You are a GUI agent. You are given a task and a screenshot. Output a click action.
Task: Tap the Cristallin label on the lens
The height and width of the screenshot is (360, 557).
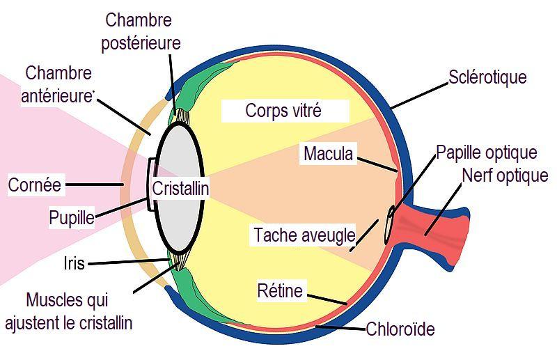pyautogui.click(x=180, y=187)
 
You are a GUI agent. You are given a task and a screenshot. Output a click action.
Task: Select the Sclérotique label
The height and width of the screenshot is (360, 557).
pyautogui.click(x=487, y=77)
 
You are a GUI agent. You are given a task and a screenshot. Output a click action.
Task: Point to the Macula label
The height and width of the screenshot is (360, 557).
pyautogui.click(x=328, y=153)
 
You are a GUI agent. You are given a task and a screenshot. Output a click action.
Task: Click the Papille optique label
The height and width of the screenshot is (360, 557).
pyautogui.click(x=486, y=152)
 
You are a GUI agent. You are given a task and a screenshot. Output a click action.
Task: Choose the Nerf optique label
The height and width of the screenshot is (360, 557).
pyautogui.click(x=505, y=175)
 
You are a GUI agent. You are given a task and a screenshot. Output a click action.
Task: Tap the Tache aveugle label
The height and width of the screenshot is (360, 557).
pyautogui.click(x=304, y=235)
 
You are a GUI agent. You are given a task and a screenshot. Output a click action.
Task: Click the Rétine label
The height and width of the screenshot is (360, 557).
pyautogui.click(x=280, y=290)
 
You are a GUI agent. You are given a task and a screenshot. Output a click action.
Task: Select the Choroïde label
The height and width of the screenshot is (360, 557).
pyautogui.click(x=400, y=329)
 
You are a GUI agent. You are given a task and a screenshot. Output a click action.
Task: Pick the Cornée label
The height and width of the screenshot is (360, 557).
pyautogui.click(x=35, y=185)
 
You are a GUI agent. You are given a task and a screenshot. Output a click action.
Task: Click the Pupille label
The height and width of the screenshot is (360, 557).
pyautogui.click(x=71, y=217)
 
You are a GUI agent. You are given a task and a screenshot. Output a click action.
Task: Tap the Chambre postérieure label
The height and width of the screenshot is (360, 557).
pyautogui.click(x=141, y=31)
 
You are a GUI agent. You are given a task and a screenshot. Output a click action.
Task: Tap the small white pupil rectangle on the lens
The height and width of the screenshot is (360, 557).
pyautogui.click(x=152, y=184)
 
